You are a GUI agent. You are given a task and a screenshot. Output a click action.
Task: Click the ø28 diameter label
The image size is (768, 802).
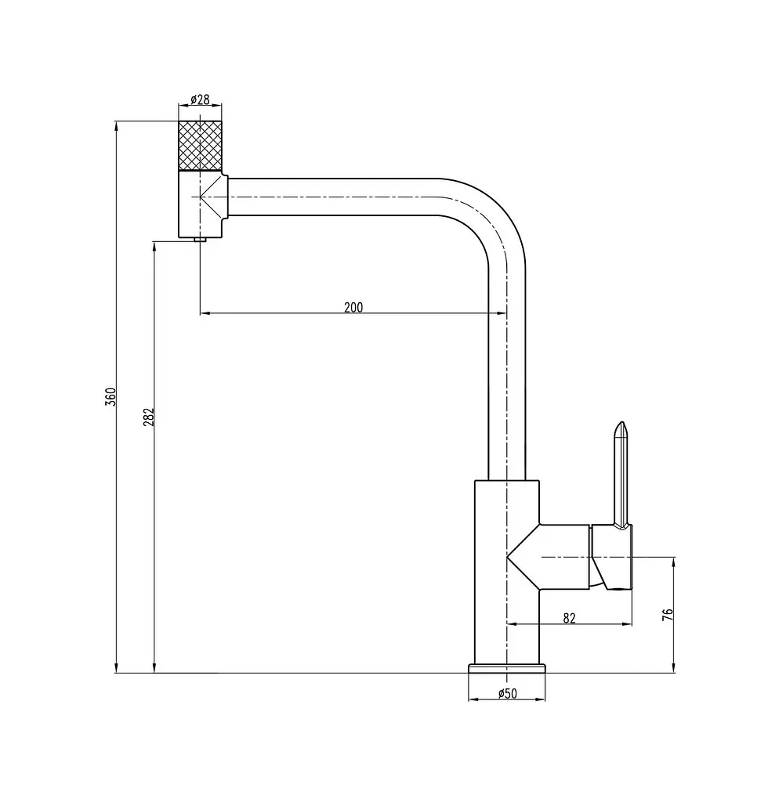point(200,99)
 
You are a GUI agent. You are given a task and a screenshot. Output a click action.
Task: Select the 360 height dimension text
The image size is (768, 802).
point(111,397)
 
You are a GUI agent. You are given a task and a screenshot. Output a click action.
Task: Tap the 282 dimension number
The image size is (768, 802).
point(148,417)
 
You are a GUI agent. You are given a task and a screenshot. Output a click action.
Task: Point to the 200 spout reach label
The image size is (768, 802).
point(353,307)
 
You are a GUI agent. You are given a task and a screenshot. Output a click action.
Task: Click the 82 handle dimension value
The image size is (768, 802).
point(570,619)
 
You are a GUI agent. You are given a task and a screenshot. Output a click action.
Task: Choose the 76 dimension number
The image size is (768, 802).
point(668,614)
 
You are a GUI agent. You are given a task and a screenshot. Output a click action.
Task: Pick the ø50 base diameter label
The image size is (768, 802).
point(508,694)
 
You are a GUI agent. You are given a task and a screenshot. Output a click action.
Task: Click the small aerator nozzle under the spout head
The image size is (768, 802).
point(200,240)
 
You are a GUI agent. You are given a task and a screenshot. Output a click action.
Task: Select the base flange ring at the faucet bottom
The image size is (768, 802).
point(506,669)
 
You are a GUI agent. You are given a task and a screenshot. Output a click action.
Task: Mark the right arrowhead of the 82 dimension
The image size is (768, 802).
point(628,624)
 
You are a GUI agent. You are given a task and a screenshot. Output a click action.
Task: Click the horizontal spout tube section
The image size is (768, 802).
point(332,197)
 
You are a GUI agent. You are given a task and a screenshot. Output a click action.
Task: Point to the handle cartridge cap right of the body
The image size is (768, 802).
point(611,557)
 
